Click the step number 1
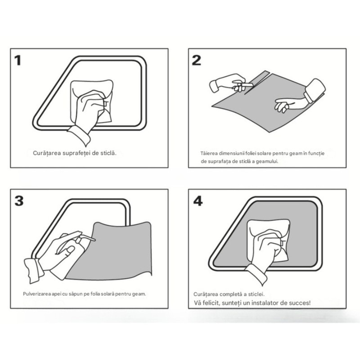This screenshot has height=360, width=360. [x=18, y=60]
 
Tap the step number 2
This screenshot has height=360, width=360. [x=197, y=60]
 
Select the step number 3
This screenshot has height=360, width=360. [x=19, y=201]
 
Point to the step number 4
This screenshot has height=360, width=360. [x=198, y=201]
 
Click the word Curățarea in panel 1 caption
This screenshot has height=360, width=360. [x=47, y=153]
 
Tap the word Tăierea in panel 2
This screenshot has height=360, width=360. [x=209, y=153]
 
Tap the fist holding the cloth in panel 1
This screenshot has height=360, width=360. [x=90, y=108]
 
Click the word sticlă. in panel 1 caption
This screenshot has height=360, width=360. [x=108, y=153]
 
